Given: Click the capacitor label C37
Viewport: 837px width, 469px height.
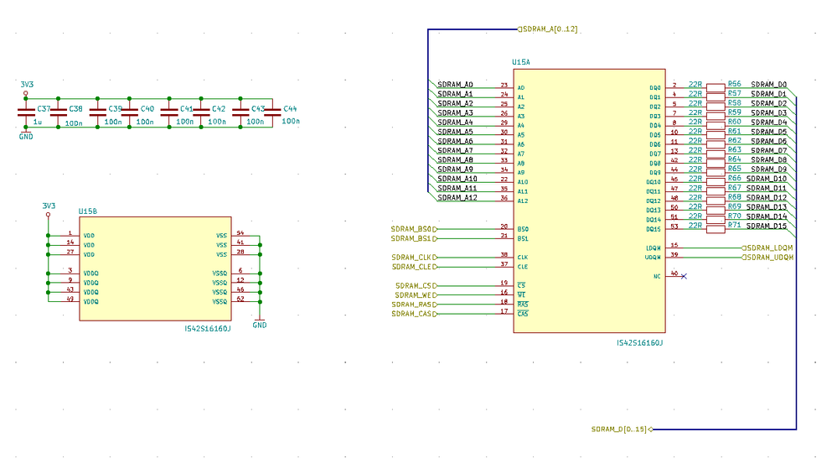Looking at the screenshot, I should click(x=44, y=109).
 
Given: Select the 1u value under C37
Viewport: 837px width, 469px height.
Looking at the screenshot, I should click(x=37, y=122).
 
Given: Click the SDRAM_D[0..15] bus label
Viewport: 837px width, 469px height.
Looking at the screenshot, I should click(x=619, y=429).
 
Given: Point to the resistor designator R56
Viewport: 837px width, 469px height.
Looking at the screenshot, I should click(x=735, y=84).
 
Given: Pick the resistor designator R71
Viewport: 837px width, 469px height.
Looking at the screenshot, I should click(x=735, y=225).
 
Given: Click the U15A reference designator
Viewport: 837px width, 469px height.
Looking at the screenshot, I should click(x=521, y=63).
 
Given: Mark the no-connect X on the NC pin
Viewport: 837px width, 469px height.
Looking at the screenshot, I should click(x=684, y=275).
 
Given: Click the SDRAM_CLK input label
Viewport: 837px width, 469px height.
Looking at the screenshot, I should click(x=414, y=258).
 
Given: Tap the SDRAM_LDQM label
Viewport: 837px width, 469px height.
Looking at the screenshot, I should click(x=769, y=248).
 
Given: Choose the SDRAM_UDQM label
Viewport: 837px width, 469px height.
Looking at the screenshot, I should click(x=769, y=257).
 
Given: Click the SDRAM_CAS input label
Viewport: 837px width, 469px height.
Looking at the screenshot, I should click(x=415, y=314).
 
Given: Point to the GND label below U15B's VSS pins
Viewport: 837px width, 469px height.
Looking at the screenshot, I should click(x=260, y=326).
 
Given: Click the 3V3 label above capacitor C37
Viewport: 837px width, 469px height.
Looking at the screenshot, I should click(x=27, y=85).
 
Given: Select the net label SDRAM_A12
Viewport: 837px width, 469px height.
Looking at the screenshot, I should click(x=457, y=198).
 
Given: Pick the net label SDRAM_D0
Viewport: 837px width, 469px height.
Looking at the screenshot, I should click(x=769, y=84).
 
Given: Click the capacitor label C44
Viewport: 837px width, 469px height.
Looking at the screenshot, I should click(x=291, y=109).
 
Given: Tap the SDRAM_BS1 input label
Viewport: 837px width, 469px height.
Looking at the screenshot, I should click(x=414, y=237).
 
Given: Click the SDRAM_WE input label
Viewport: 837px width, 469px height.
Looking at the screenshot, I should click(x=416, y=295).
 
